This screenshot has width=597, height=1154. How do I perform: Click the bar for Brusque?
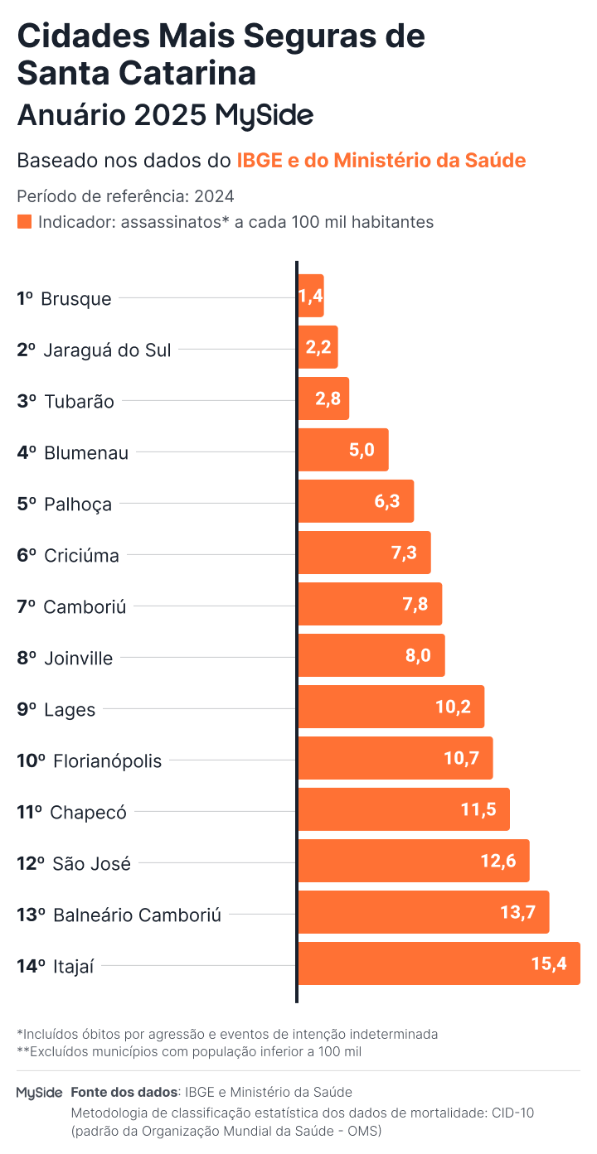311,297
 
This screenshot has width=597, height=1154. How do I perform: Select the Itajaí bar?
439,963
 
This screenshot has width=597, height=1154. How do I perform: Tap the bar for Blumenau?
342,451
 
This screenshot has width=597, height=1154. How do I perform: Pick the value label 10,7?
463,758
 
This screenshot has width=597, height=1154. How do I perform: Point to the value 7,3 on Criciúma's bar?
404,553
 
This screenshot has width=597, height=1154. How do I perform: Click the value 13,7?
518,913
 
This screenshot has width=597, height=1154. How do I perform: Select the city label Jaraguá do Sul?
107,350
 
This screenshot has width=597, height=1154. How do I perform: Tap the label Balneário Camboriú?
137,915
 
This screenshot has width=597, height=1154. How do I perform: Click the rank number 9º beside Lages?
27,709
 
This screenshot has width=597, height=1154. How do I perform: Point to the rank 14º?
31,965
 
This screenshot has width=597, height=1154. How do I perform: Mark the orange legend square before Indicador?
25,222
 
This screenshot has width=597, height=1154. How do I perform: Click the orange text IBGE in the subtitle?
258,160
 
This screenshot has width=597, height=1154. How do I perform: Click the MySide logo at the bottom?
39,1093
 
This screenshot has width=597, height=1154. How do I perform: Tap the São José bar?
413,861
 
